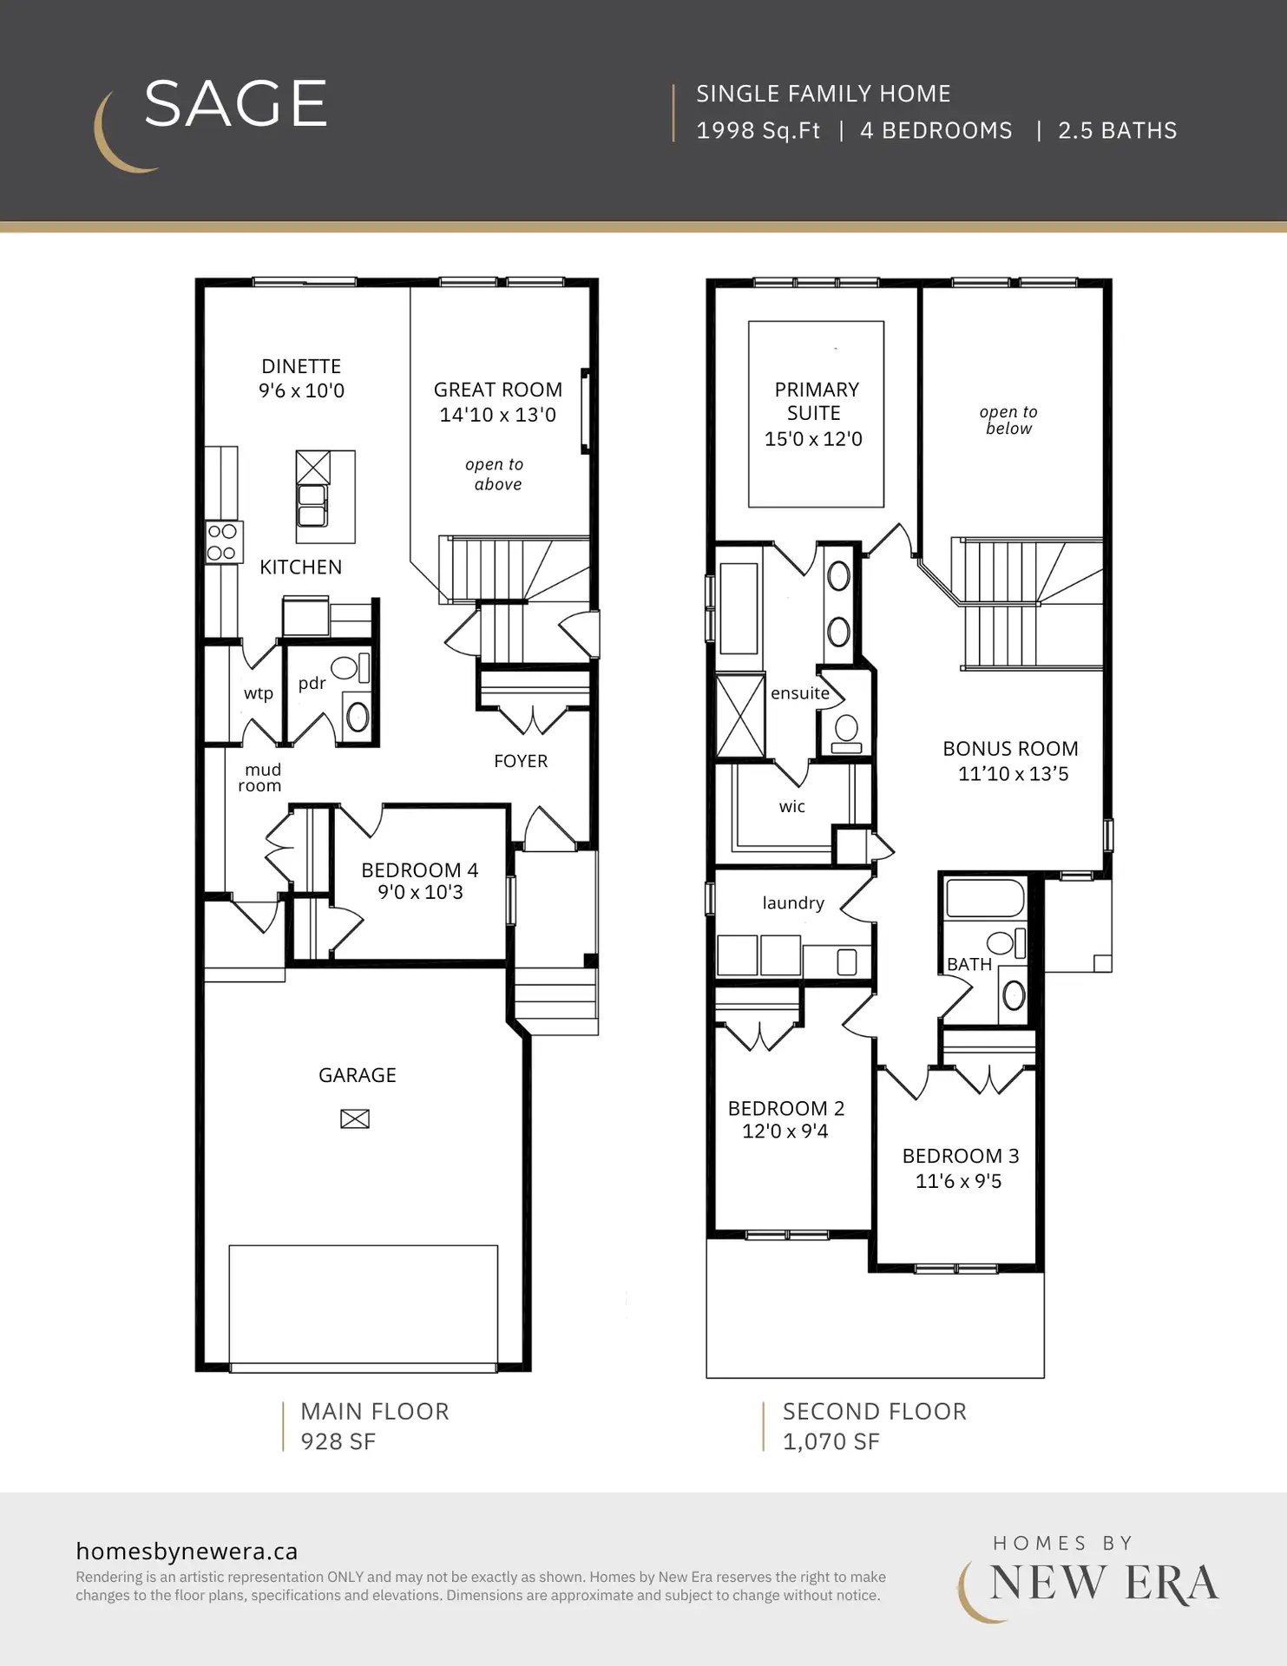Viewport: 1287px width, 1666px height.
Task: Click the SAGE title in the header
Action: click(x=235, y=104)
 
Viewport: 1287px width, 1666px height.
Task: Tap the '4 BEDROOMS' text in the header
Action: click(x=936, y=131)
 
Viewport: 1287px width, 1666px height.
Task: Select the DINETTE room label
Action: click(x=301, y=366)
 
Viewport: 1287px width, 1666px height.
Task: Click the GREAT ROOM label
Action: click(x=498, y=390)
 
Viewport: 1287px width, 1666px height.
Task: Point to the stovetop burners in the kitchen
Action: click(x=222, y=542)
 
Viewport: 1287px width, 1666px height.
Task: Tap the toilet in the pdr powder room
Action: click(x=351, y=667)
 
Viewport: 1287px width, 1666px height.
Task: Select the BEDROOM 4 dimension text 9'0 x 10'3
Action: click(x=420, y=893)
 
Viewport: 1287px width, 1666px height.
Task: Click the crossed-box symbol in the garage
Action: click(x=355, y=1119)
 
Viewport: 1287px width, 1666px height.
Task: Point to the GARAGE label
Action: click(x=358, y=1075)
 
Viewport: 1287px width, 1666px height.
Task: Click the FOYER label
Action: click(x=521, y=761)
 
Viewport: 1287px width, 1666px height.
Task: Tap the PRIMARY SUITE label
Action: click(x=816, y=401)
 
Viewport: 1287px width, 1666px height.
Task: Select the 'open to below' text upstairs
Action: click(x=1008, y=420)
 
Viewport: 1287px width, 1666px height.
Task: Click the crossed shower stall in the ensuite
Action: click(x=740, y=716)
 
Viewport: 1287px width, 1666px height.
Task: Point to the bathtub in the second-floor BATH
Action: click(x=985, y=898)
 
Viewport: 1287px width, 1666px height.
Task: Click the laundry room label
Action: click(x=793, y=903)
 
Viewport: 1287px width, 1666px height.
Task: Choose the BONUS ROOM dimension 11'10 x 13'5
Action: click(x=1013, y=774)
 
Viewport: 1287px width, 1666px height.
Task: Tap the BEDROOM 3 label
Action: click(x=961, y=1156)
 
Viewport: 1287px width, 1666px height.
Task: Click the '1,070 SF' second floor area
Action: click(x=831, y=1442)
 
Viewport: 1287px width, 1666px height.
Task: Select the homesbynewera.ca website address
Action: click(x=187, y=1551)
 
